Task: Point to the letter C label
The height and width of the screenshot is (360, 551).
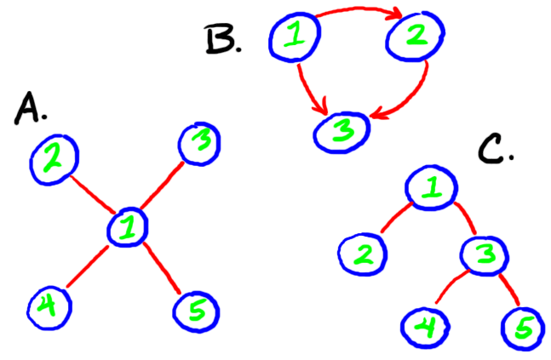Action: (x=495, y=147)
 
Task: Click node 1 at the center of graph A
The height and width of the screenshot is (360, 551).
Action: (x=129, y=227)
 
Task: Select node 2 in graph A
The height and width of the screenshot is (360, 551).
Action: (x=55, y=159)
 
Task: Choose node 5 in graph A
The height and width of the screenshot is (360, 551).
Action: (x=197, y=311)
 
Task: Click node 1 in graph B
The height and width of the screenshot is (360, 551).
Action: (x=294, y=36)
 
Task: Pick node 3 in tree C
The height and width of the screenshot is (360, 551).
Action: (x=486, y=252)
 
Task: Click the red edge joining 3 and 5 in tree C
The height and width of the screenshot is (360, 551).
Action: (x=508, y=289)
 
